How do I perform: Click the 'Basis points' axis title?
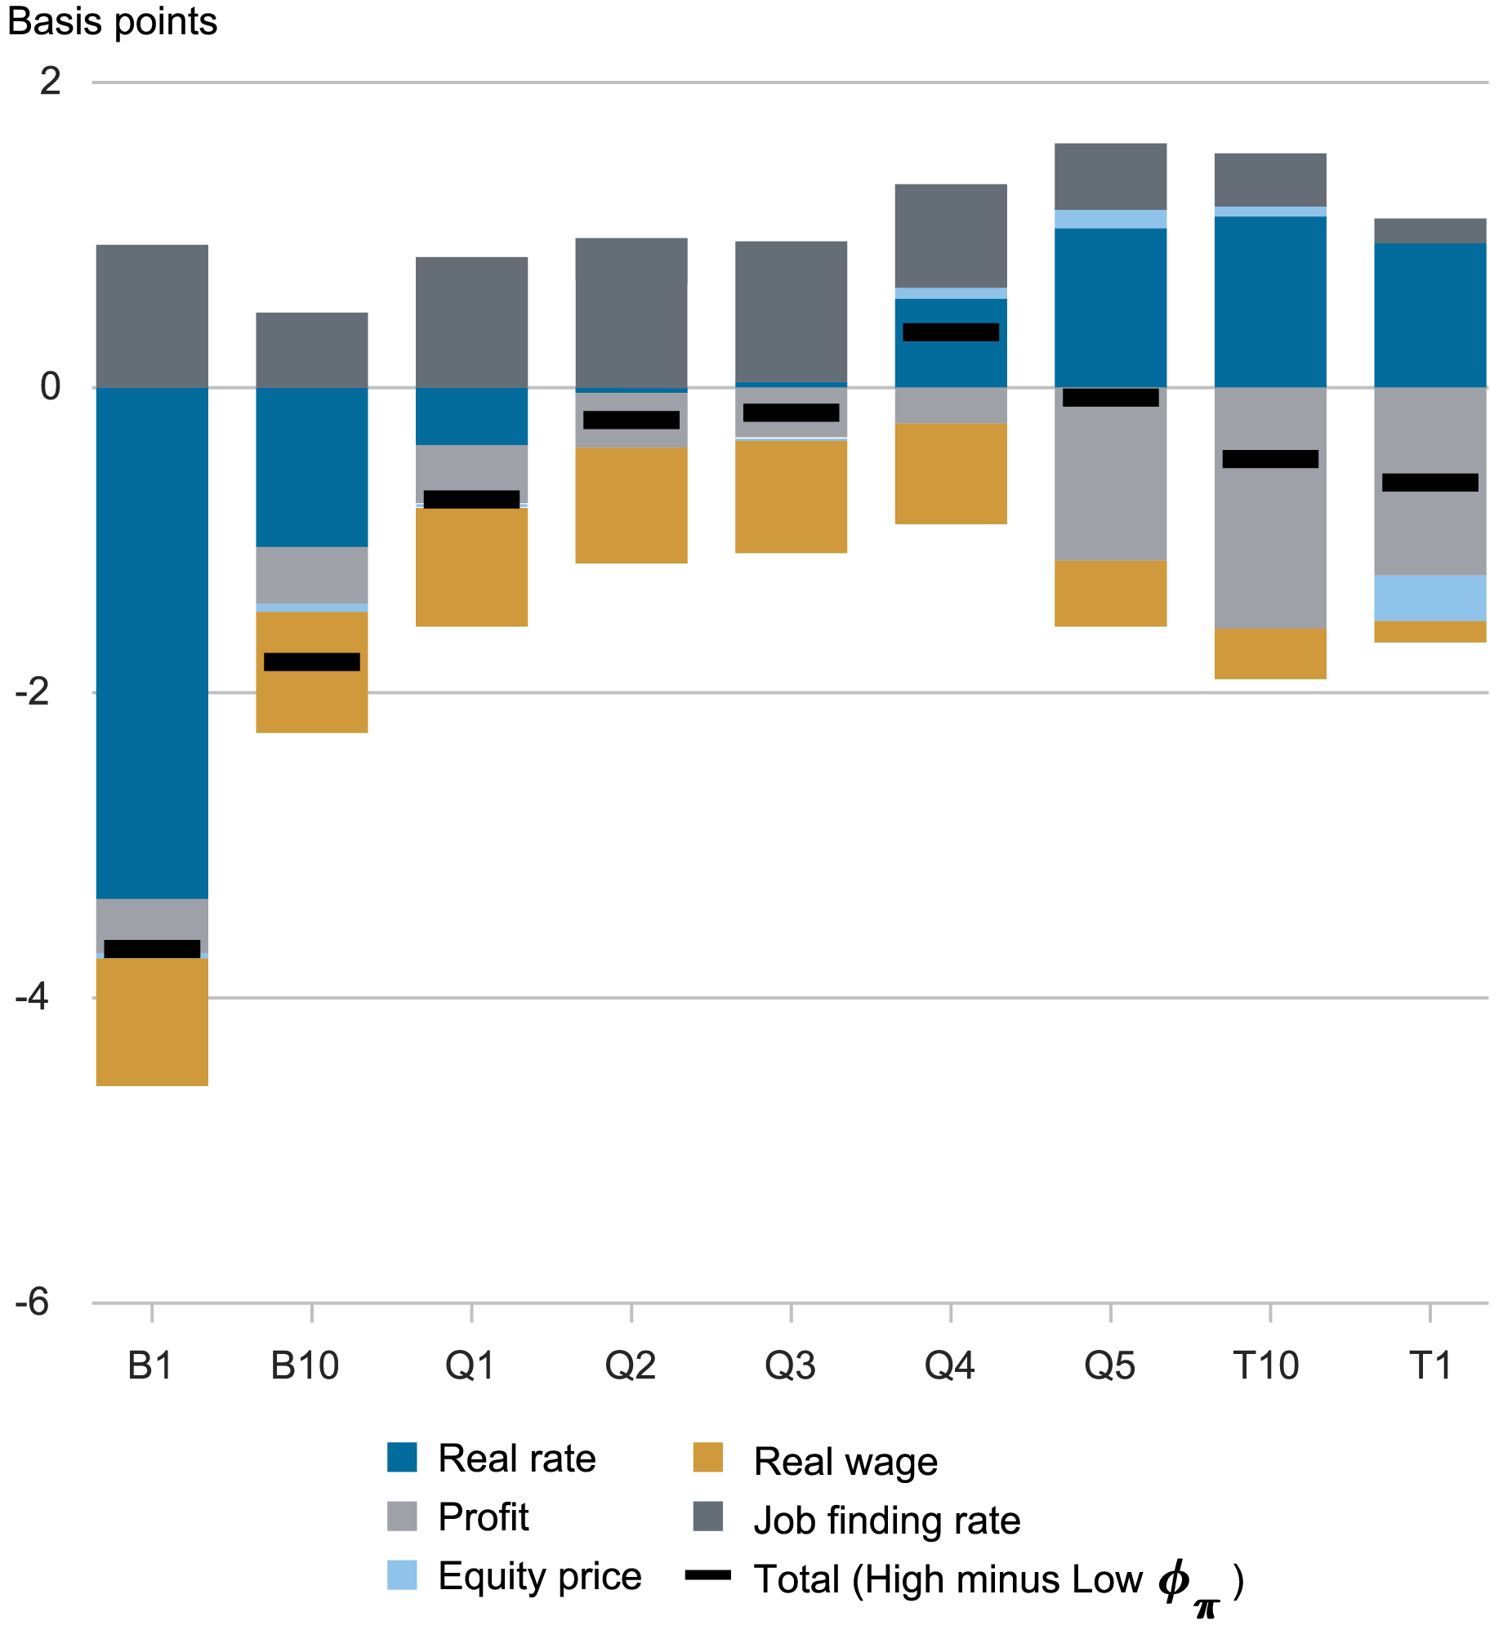tap(112, 21)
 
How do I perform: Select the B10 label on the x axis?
tap(305, 1365)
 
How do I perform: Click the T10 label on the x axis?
tap(1265, 1365)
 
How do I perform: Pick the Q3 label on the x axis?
tap(790, 1365)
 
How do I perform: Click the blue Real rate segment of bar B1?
tap(152, 642)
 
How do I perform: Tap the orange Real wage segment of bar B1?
tap(152, 1022)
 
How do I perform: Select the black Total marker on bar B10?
tap(312, 661)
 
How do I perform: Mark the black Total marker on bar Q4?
tap(951, 332)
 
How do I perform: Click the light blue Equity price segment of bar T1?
tap(1429, 598)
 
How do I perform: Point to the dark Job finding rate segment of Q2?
tap(631, 313)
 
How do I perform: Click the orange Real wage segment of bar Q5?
tap(1110, 593)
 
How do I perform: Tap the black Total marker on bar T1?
tap(1429, 482)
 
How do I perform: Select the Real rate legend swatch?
tap(402, 1457)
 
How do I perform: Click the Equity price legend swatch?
tap(402, 1574)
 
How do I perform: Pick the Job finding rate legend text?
tap(887, 1521)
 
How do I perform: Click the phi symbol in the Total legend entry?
tap(1174, 1579)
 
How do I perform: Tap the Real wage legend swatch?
tap(707, 1457)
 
